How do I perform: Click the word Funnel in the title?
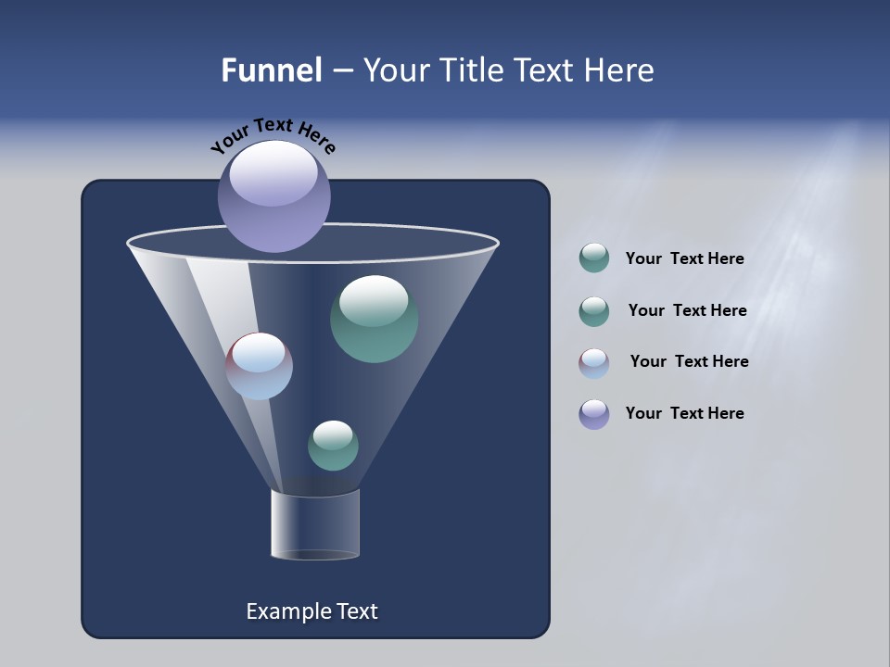[x=272, y=70]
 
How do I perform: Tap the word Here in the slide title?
[x=619, y=70]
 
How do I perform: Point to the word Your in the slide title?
[x=396, y=70]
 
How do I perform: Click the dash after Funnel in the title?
[x=341, y=71]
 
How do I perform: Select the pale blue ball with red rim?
[x=259, y=367]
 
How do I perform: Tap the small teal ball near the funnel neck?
[x=333, y=446]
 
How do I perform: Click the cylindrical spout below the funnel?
[x=315, y=524]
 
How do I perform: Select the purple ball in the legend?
[x=594, y=414]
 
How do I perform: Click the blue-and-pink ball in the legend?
[x=594, y=363]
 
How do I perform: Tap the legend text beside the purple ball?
[x=684, y=413]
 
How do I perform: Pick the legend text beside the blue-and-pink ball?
[x=689, y=361]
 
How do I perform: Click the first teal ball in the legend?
[x=594, y=258]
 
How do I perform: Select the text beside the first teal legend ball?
[x=684, y=259]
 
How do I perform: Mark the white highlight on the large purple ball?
[x=273, y=173]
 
